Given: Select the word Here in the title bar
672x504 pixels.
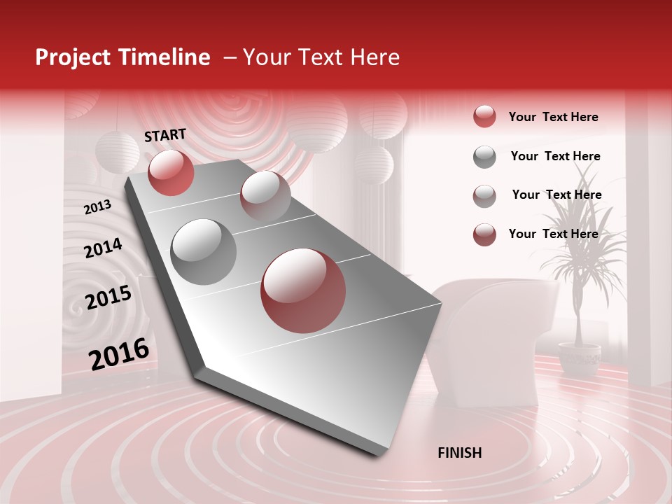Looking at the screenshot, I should tap(374, 57).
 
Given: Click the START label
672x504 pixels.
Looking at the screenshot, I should tap(165, 135).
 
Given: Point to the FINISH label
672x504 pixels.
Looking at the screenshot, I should tap(460, 453).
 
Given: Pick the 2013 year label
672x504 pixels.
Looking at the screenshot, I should tap(97, 206).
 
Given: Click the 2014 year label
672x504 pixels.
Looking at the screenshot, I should tap(103, 248).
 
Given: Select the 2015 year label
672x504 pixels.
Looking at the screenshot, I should tap(108, 297).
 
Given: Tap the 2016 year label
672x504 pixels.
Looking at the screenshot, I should tap(119, 353).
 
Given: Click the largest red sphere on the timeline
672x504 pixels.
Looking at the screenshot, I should tap(303, 290).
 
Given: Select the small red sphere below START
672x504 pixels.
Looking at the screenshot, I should tap(171, 172).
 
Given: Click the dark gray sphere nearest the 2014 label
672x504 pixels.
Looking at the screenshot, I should tap(204, 251).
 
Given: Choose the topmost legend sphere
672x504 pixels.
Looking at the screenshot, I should tap(484, 116).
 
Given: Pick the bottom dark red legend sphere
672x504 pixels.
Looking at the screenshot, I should tap(484, 234).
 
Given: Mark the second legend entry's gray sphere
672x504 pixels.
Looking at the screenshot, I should tap(484, 157).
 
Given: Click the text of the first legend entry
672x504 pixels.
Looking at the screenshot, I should tap(553, 117).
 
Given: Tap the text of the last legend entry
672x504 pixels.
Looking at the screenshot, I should tap(553, 234).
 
